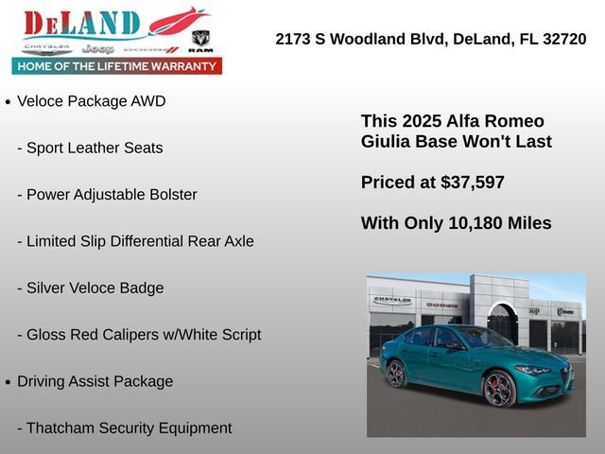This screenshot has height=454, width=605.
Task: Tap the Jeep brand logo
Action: [97, 48]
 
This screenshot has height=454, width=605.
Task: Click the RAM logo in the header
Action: [200, 42]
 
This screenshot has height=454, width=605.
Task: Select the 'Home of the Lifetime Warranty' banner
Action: [116, 66]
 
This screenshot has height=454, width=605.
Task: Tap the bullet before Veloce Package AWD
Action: [9, 102]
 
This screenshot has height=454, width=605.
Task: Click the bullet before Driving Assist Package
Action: [9, 382]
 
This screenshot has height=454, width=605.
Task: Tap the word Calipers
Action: [144, 335]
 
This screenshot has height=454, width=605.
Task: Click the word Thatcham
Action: [62, 428]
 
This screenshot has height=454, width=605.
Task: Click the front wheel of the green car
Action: [498, 388]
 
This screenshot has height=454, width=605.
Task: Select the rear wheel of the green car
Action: [396, 374]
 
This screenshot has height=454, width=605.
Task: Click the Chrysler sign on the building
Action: [392, 300]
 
